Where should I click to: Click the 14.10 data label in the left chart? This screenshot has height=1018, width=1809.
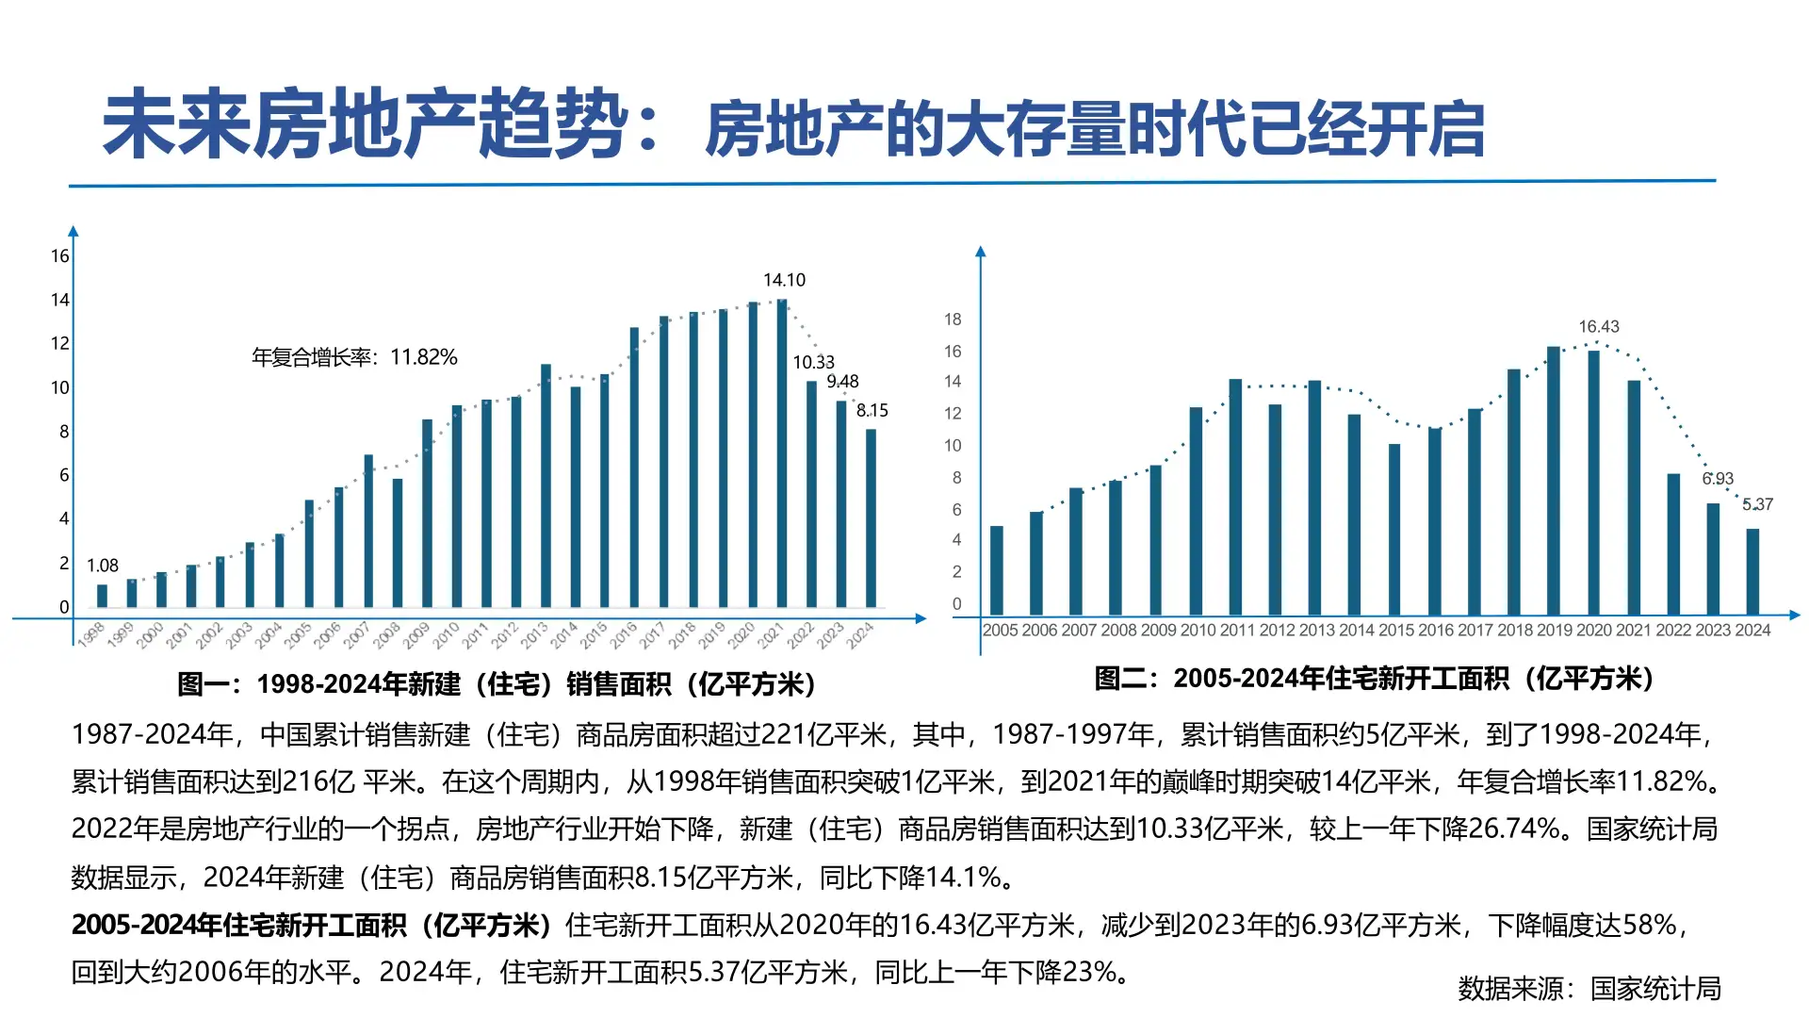(784, 280)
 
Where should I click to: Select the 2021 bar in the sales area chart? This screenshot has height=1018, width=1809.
(781, 452)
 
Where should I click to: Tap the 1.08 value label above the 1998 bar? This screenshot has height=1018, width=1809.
(103, 566)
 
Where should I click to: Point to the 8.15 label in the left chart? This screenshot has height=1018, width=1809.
(872, 411)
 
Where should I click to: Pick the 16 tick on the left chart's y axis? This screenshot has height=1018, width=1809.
(60, 256)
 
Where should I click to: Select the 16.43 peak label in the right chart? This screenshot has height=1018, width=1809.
(1599, 327)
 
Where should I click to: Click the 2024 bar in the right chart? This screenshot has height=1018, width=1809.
(1752, 571)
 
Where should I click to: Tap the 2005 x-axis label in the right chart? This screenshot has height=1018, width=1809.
(1000, 631)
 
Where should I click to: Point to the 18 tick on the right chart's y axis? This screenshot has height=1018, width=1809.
(953, 320)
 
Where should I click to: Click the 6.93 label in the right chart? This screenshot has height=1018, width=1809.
(1718, 479)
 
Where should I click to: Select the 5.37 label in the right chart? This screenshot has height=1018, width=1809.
(1757, 505)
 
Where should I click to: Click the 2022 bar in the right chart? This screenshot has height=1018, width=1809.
(1673, 544)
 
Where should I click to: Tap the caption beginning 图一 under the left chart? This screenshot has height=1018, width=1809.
(497, 683)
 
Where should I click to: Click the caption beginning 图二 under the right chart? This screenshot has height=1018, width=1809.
(1374, 678)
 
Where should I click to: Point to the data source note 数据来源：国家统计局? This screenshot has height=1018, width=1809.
(1589, 989)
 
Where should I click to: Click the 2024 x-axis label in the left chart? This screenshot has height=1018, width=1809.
(860, 635)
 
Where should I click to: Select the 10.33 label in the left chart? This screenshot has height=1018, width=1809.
(813, 363)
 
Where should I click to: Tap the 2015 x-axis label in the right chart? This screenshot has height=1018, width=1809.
(1395, 631)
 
